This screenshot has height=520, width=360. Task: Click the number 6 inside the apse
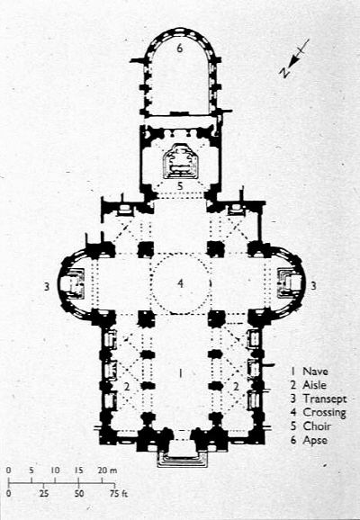click(179, 48)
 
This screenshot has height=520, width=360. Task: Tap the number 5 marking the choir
click(180, 185)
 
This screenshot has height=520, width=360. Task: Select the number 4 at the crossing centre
click(180, 283)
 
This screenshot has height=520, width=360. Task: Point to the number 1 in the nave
click(180, 373)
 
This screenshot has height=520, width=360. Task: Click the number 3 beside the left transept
click(47, 286)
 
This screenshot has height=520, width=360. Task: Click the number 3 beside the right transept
click(313, 285)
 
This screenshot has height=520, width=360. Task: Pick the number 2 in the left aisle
click(126, 386)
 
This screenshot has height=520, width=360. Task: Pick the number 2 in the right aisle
click(236, 386)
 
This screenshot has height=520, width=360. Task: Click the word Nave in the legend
click(315, 371)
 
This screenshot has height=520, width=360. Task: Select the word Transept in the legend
click(325, 399)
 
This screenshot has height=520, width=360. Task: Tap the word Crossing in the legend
click(324, 413)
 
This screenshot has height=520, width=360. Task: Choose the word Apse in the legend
click(315, 441)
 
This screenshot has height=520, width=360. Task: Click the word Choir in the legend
click(317, 426)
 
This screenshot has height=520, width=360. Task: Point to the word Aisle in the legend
click(314, 385)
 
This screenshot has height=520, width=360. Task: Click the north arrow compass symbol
click(294, 58)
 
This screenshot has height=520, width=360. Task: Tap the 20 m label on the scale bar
click(107, 471)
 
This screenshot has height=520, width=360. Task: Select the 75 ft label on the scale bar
click(119, 494)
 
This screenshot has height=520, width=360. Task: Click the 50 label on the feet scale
click(78, 494)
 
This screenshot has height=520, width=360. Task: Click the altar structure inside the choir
click(181, 162)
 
